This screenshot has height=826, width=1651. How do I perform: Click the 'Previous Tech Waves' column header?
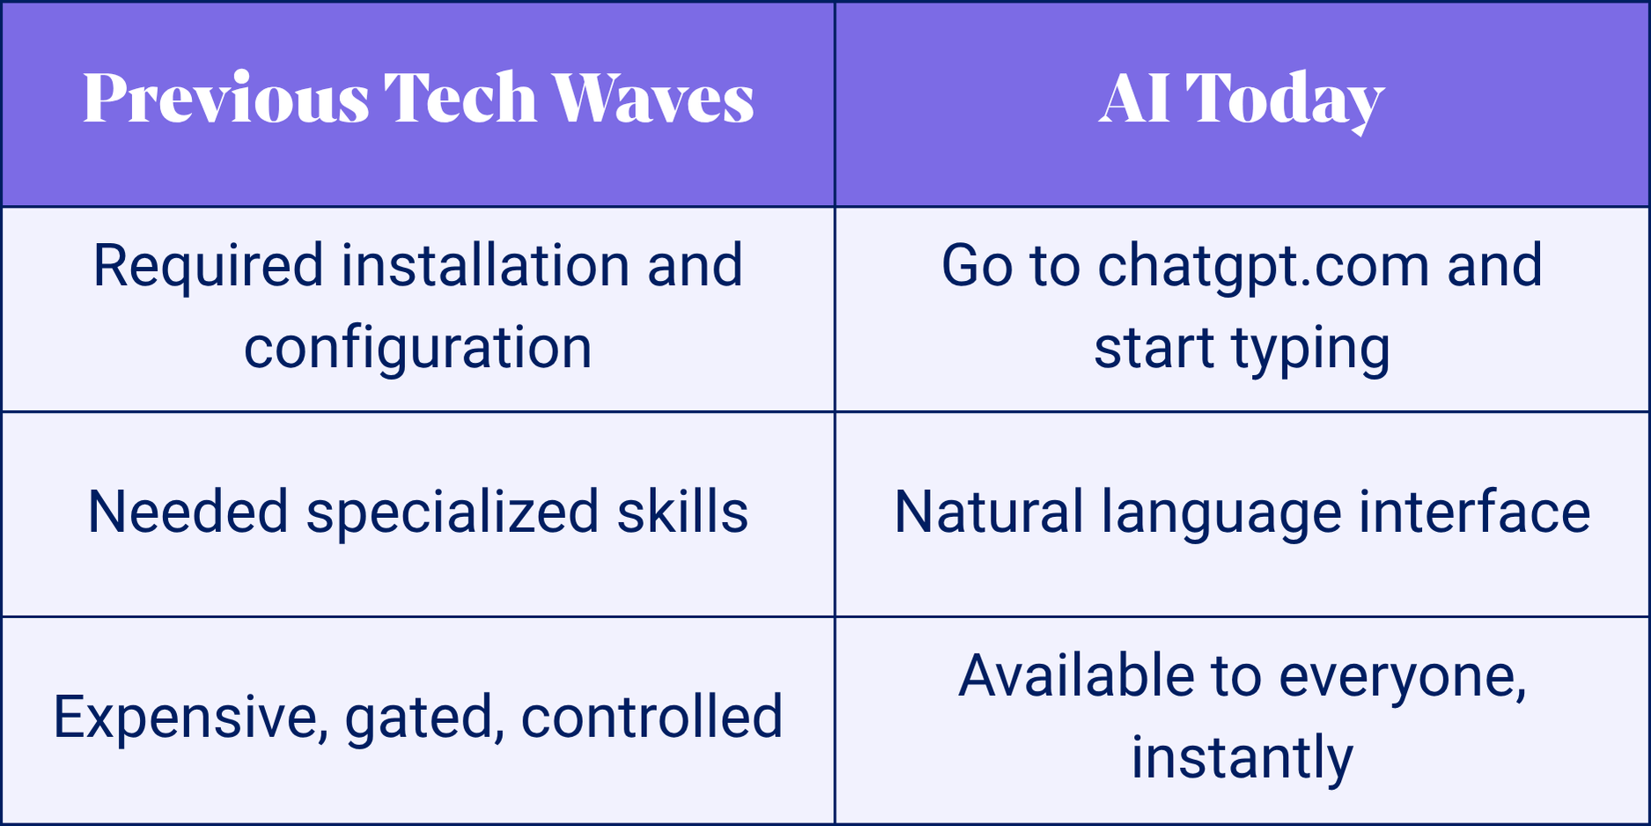pyautogui.click(x=418, y=98)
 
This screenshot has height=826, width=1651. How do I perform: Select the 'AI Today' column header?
pyautogui.click(x=1242, y=100)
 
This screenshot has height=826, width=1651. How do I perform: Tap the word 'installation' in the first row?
pyautogui.click(x=485, y=265)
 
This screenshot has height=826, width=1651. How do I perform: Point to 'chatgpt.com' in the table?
pyautogui.click(x=1264, y=267)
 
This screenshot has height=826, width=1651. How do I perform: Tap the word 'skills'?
pyautogui.click(x=682, y=512)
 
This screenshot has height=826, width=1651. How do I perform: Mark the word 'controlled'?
pyautogui.click(x=652, y=716)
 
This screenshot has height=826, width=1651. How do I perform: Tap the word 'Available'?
pyautogui.click(x=1076, y=676)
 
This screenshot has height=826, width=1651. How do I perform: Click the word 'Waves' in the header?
pyautogui.click(x=653, y=98)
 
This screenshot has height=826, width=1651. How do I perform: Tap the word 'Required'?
pyautogui.click(x=209, y=267)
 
